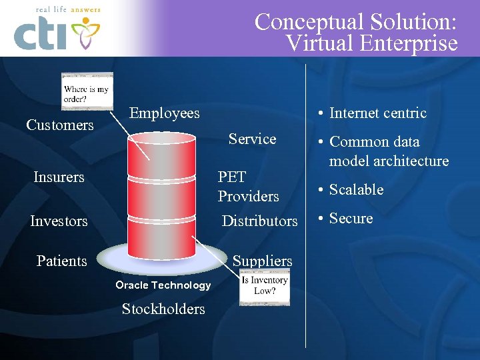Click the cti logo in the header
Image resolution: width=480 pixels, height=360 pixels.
tap(57, 33)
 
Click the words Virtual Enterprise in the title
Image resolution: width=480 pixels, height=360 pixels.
tap(371, 44)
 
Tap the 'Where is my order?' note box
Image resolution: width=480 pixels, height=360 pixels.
tap(87, 92)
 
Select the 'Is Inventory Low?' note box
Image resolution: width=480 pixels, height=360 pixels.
tap(265, 286)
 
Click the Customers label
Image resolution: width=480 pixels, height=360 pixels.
tap(60, 125)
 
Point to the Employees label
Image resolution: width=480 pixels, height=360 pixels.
tap(164, 113)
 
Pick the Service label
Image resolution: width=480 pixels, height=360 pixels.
tap(252, 139)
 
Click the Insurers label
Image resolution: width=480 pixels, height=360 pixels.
tap(59, 177)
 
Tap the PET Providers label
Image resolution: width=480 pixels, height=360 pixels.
tap(248, 187)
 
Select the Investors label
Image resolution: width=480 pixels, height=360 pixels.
tap(59, 221)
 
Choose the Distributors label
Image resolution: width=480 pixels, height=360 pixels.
tap(259, 221)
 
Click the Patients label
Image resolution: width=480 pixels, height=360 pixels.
tap(61, 261)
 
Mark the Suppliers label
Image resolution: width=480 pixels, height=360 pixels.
tap(262, 261)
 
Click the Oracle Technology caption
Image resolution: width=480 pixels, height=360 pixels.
tap(163, 285)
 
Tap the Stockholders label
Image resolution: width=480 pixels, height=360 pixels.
tap(163, 309)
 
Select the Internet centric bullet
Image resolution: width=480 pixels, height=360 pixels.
tap(377, 113)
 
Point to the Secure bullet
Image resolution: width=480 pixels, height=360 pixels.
tap(351, 218)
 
